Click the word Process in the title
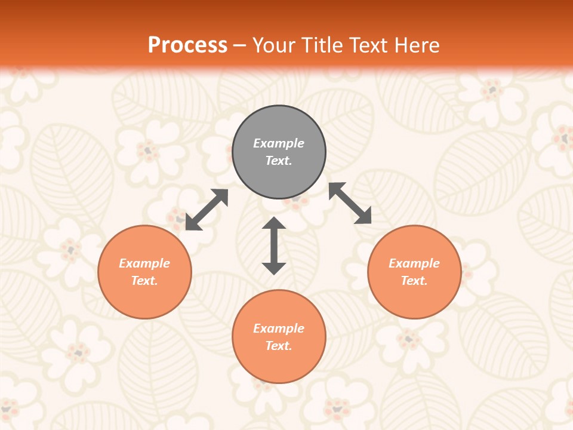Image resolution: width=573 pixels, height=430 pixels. click(187, 45)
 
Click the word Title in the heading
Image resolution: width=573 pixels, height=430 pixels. click(322, 45)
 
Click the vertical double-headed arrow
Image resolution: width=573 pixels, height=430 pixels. click(274, 245)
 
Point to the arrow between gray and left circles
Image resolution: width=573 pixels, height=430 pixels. click(207, 210)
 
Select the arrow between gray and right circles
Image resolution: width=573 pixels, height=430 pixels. click(350, 203)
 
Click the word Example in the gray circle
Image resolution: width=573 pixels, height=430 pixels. click(279, 143)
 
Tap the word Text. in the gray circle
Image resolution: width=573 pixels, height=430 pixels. click(279, 161)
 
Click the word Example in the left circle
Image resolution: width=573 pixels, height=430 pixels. click(144, 263)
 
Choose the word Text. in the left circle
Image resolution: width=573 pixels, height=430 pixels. click(144, 281)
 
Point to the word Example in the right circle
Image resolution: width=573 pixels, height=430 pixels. click(414, 263)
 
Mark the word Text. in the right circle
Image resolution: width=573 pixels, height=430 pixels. click(414, 281)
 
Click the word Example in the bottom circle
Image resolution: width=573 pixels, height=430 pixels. click(279, 328)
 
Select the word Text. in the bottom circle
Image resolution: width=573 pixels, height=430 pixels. click(279, 346)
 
